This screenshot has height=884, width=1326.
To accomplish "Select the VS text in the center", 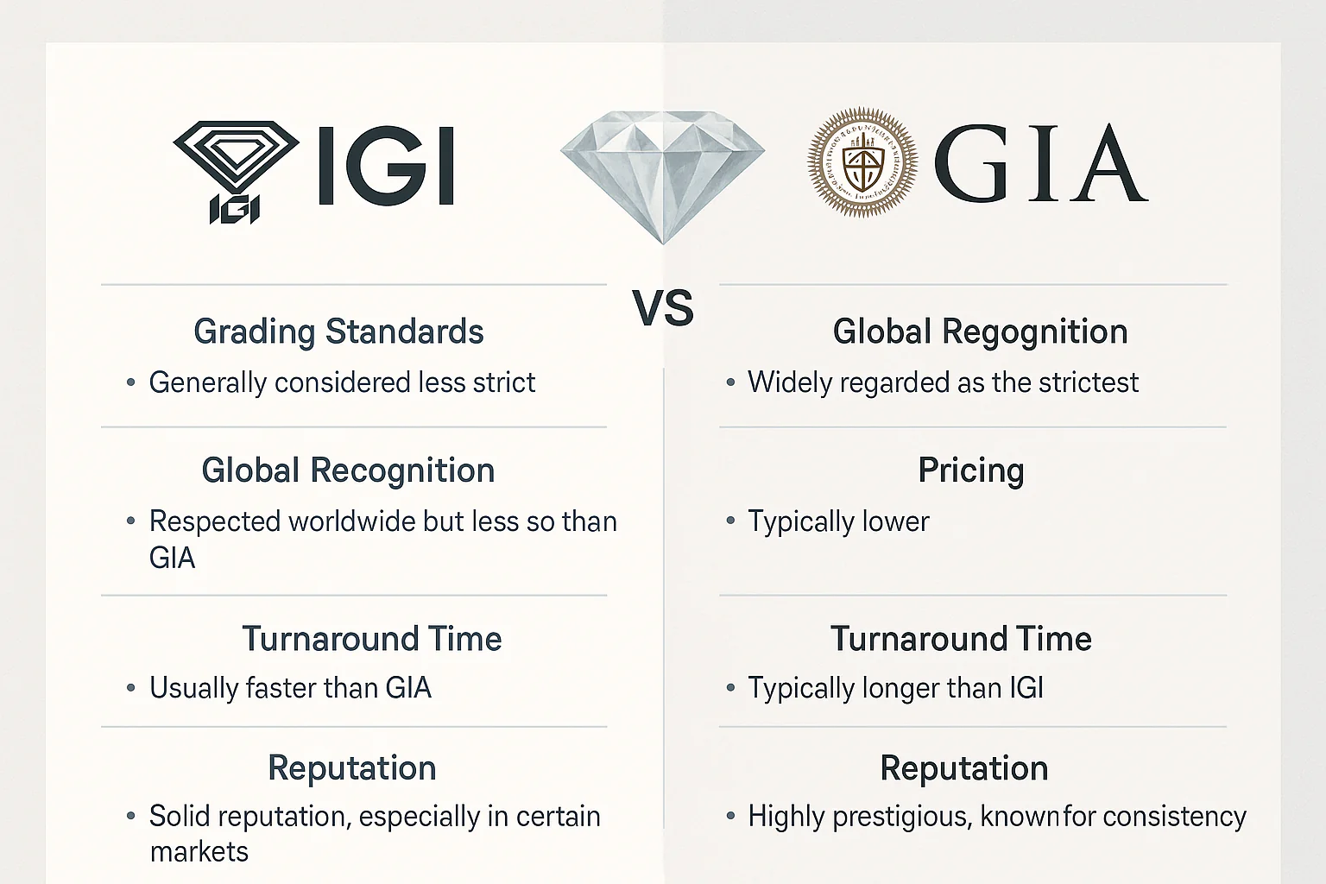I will click(663, 309).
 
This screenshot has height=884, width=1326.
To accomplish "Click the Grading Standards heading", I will click(338, 331).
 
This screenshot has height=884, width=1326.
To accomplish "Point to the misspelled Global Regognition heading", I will click(980, 331).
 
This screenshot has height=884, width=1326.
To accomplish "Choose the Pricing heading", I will click(971, 470).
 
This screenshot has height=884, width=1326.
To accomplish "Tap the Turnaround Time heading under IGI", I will click(371, 639).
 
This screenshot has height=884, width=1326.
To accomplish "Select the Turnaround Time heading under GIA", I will click(961, 639).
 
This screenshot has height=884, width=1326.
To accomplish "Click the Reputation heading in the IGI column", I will click(352, 768).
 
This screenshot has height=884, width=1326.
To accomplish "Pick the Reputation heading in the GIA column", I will click(964, 768).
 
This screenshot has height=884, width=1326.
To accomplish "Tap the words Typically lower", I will click(838, 521).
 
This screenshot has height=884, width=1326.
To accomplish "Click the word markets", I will click(199, 852).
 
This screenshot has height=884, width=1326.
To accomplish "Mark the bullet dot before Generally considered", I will click(130, 382).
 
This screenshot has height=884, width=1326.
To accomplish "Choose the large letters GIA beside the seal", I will click(1040, 164).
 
